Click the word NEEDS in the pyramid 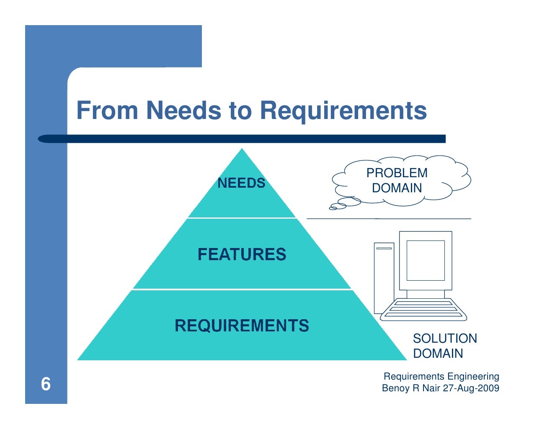[x=241, y=183]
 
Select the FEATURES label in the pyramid [x=242, y=254]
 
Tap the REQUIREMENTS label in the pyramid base [x=242, y=326]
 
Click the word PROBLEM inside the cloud [x=397, y=173]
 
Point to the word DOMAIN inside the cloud [x=397, y=188]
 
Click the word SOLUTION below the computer [x=444, y=339]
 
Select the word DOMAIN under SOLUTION [x=438, y=354]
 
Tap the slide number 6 [x=46, y=384]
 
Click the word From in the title [x=107, y=111]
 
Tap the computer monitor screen [x=425, y=261]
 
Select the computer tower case [x=384, y=279]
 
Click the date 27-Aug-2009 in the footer [x=471, y=388]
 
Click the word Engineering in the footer [x=473, y=376]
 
